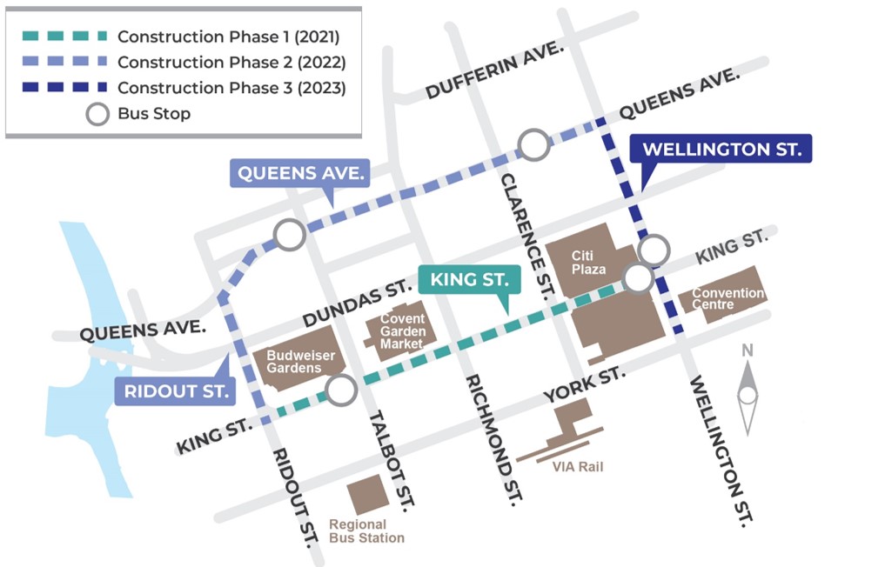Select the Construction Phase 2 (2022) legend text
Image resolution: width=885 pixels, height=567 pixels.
click(x=231, y=63)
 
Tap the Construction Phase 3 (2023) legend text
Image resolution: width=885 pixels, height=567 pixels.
click(x=231, y=88)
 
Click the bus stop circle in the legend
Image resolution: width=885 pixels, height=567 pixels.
click(x=97, y=114)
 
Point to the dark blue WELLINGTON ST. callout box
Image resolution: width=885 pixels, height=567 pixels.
click(x=721, y=149)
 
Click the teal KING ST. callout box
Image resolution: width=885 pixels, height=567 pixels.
click(x=469, y=281)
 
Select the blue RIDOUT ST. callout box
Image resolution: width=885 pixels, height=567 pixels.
click(x=175, y=391)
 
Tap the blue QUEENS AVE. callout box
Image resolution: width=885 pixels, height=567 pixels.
click(x=300, y=173)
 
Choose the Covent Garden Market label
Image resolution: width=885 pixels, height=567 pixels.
click(x=402, y=331)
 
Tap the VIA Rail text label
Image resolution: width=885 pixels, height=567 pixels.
click(x=578, y=467)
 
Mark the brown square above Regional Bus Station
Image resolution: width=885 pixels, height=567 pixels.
click(x=368, y=495)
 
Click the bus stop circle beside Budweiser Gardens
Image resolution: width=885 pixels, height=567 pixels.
click(x=341, y=390)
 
